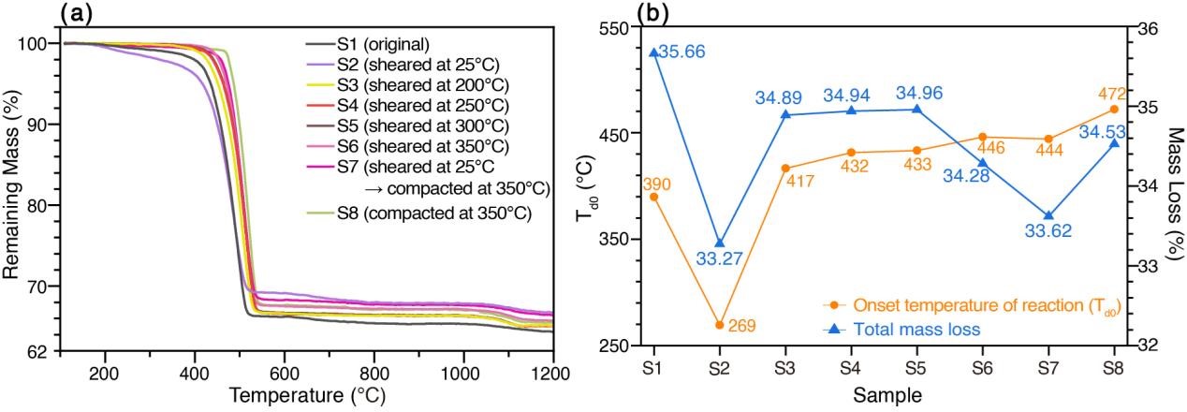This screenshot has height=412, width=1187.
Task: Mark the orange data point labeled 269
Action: click(719, 325)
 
